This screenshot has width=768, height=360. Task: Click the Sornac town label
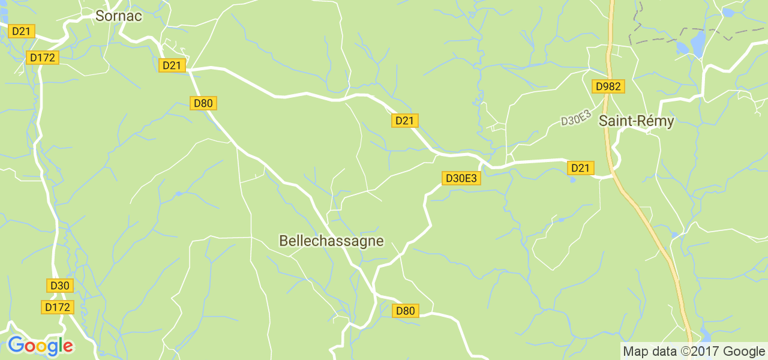point(119,16)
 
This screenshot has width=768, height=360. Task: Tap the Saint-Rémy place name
point(636,121)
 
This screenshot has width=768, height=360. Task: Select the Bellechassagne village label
point(331,241)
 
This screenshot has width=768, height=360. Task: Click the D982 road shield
point(608,86)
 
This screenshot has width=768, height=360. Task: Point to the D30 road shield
point(60,286)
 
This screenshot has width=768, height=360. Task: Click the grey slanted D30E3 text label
point(576,118)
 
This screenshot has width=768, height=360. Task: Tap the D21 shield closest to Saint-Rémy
point(580,168)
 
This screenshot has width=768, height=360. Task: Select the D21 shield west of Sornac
point(21,31)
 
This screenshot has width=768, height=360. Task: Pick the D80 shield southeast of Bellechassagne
point(405,311)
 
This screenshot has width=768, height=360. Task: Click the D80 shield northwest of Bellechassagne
point(203,103)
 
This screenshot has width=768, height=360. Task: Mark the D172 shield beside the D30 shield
point(58,307)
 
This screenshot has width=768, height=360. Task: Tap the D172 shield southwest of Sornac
point(42,58)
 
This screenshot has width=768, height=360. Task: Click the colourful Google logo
point(40,346)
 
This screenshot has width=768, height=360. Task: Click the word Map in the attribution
point(636,352)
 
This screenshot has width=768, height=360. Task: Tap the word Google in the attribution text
point(743,352)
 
